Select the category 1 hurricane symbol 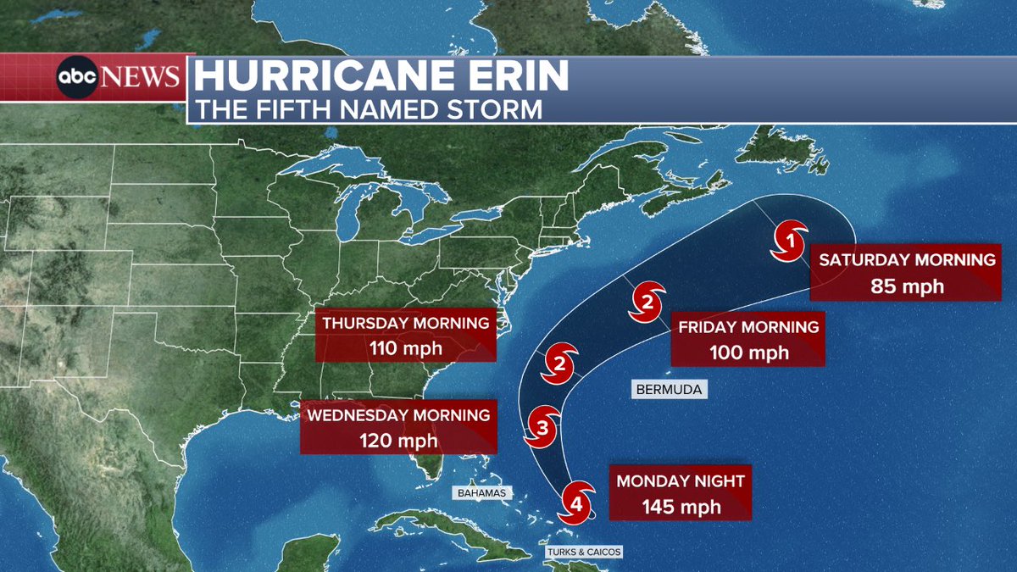point(790,242)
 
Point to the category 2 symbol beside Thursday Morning point(560,363)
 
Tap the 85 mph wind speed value point(907,286)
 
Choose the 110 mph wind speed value point(405,347)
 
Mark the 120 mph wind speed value point(397,440)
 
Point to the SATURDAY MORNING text point(907,260)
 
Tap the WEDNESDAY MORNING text point(398,415)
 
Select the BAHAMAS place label point(480,492)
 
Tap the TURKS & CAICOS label point(584,552)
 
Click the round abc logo point(77,78)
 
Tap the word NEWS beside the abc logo point(141,78)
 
